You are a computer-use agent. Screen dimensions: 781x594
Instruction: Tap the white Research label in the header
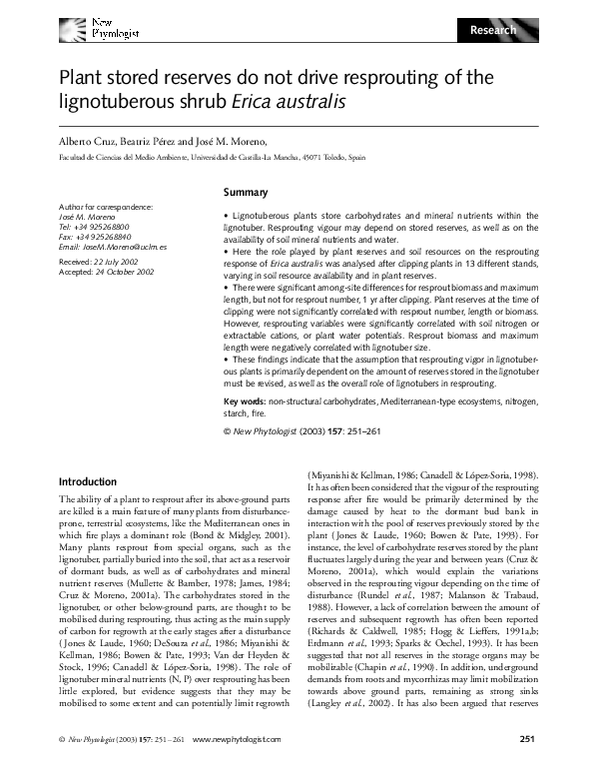493,30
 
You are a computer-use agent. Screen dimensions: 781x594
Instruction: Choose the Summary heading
245,192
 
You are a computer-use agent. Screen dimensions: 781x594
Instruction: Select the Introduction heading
90,480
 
